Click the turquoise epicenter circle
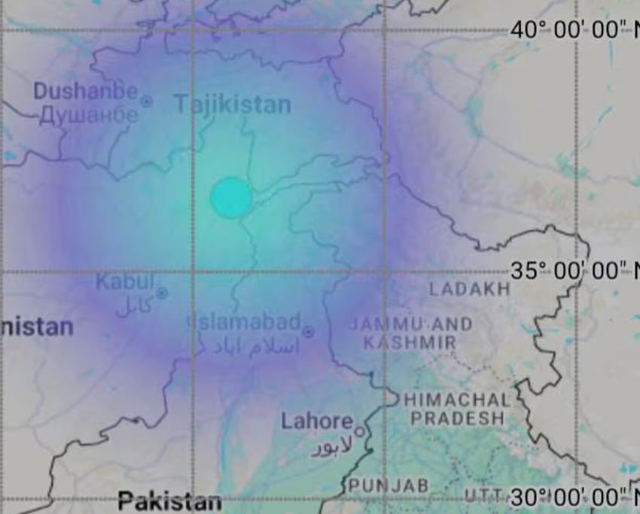click(x=231, y=198)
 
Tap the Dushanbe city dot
click(x=147, y=100)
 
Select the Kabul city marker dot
click(x=161, y=293)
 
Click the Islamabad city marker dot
click(x=308, y=332)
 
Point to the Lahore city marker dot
click(x=360, y=432)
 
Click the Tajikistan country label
click(x=233, y=105)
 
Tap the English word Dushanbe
click(x=86, y=92)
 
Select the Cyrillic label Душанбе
click(x=89, y=115)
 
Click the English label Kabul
click(x=124, y=282)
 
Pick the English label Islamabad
click(x=248, y=322)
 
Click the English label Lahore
click(x=317, y=421)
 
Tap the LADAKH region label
click(x=469, y=289)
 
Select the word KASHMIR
click(x=410, y=343)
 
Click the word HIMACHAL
click(x=457, y=400)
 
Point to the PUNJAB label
click(x=388, y=486)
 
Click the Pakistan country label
click(x=169, y=501)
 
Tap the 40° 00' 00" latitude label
click(x=572, y=30)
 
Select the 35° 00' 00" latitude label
click(x=572, y=271)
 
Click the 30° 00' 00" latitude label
click(x=572, y=497)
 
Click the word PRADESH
click(x=457, y=418)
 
